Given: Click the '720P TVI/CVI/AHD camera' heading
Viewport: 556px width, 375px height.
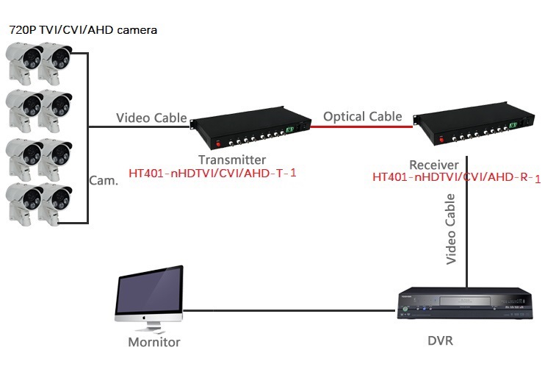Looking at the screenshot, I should (x=83, y=31).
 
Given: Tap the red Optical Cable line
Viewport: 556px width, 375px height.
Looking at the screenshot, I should (x=360, y=126).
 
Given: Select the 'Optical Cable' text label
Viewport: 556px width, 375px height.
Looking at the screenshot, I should (x=363, y=116).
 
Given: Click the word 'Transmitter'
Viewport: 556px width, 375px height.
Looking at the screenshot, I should (x=232, y=160).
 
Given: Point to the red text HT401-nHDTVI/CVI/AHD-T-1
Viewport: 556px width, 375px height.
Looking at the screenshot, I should (x=212, y=174).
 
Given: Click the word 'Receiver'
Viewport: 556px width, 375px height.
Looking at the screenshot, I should (x=434, y=165).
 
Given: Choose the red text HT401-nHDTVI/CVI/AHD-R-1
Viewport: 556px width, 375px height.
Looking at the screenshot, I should (x=457, y=177).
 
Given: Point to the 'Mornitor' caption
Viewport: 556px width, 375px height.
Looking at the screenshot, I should (x=154, y=342).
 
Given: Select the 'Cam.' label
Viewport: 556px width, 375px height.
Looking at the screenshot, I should (x=104, y=180).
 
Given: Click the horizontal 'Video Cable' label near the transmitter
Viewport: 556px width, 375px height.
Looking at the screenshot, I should (x=151, y=118).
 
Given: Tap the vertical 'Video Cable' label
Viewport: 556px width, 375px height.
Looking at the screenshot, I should (x=451, y=229).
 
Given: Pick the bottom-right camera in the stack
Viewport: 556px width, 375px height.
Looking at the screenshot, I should (x=56, y=202).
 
